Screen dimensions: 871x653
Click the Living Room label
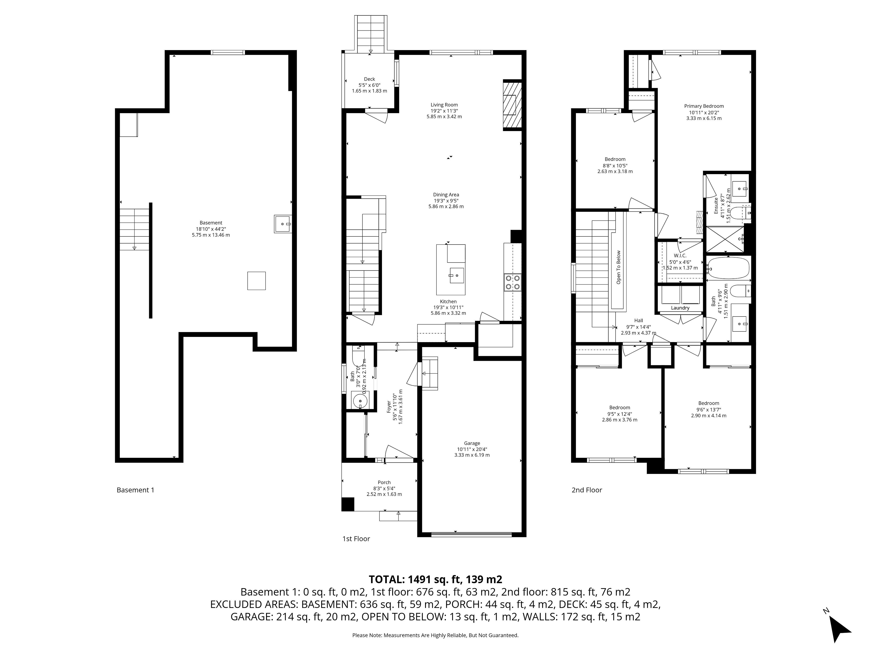(x=444, y=105)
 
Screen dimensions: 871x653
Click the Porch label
(x=384, y=482)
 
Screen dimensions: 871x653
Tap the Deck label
(x=369, y=79)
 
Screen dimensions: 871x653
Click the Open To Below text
(x=618, y=267)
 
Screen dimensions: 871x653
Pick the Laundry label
(x=680, y=308)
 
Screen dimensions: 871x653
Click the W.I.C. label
(x=680, y=256)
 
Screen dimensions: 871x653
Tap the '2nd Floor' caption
(x=587, y=490)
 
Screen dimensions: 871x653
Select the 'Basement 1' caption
(x=135, y=490)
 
